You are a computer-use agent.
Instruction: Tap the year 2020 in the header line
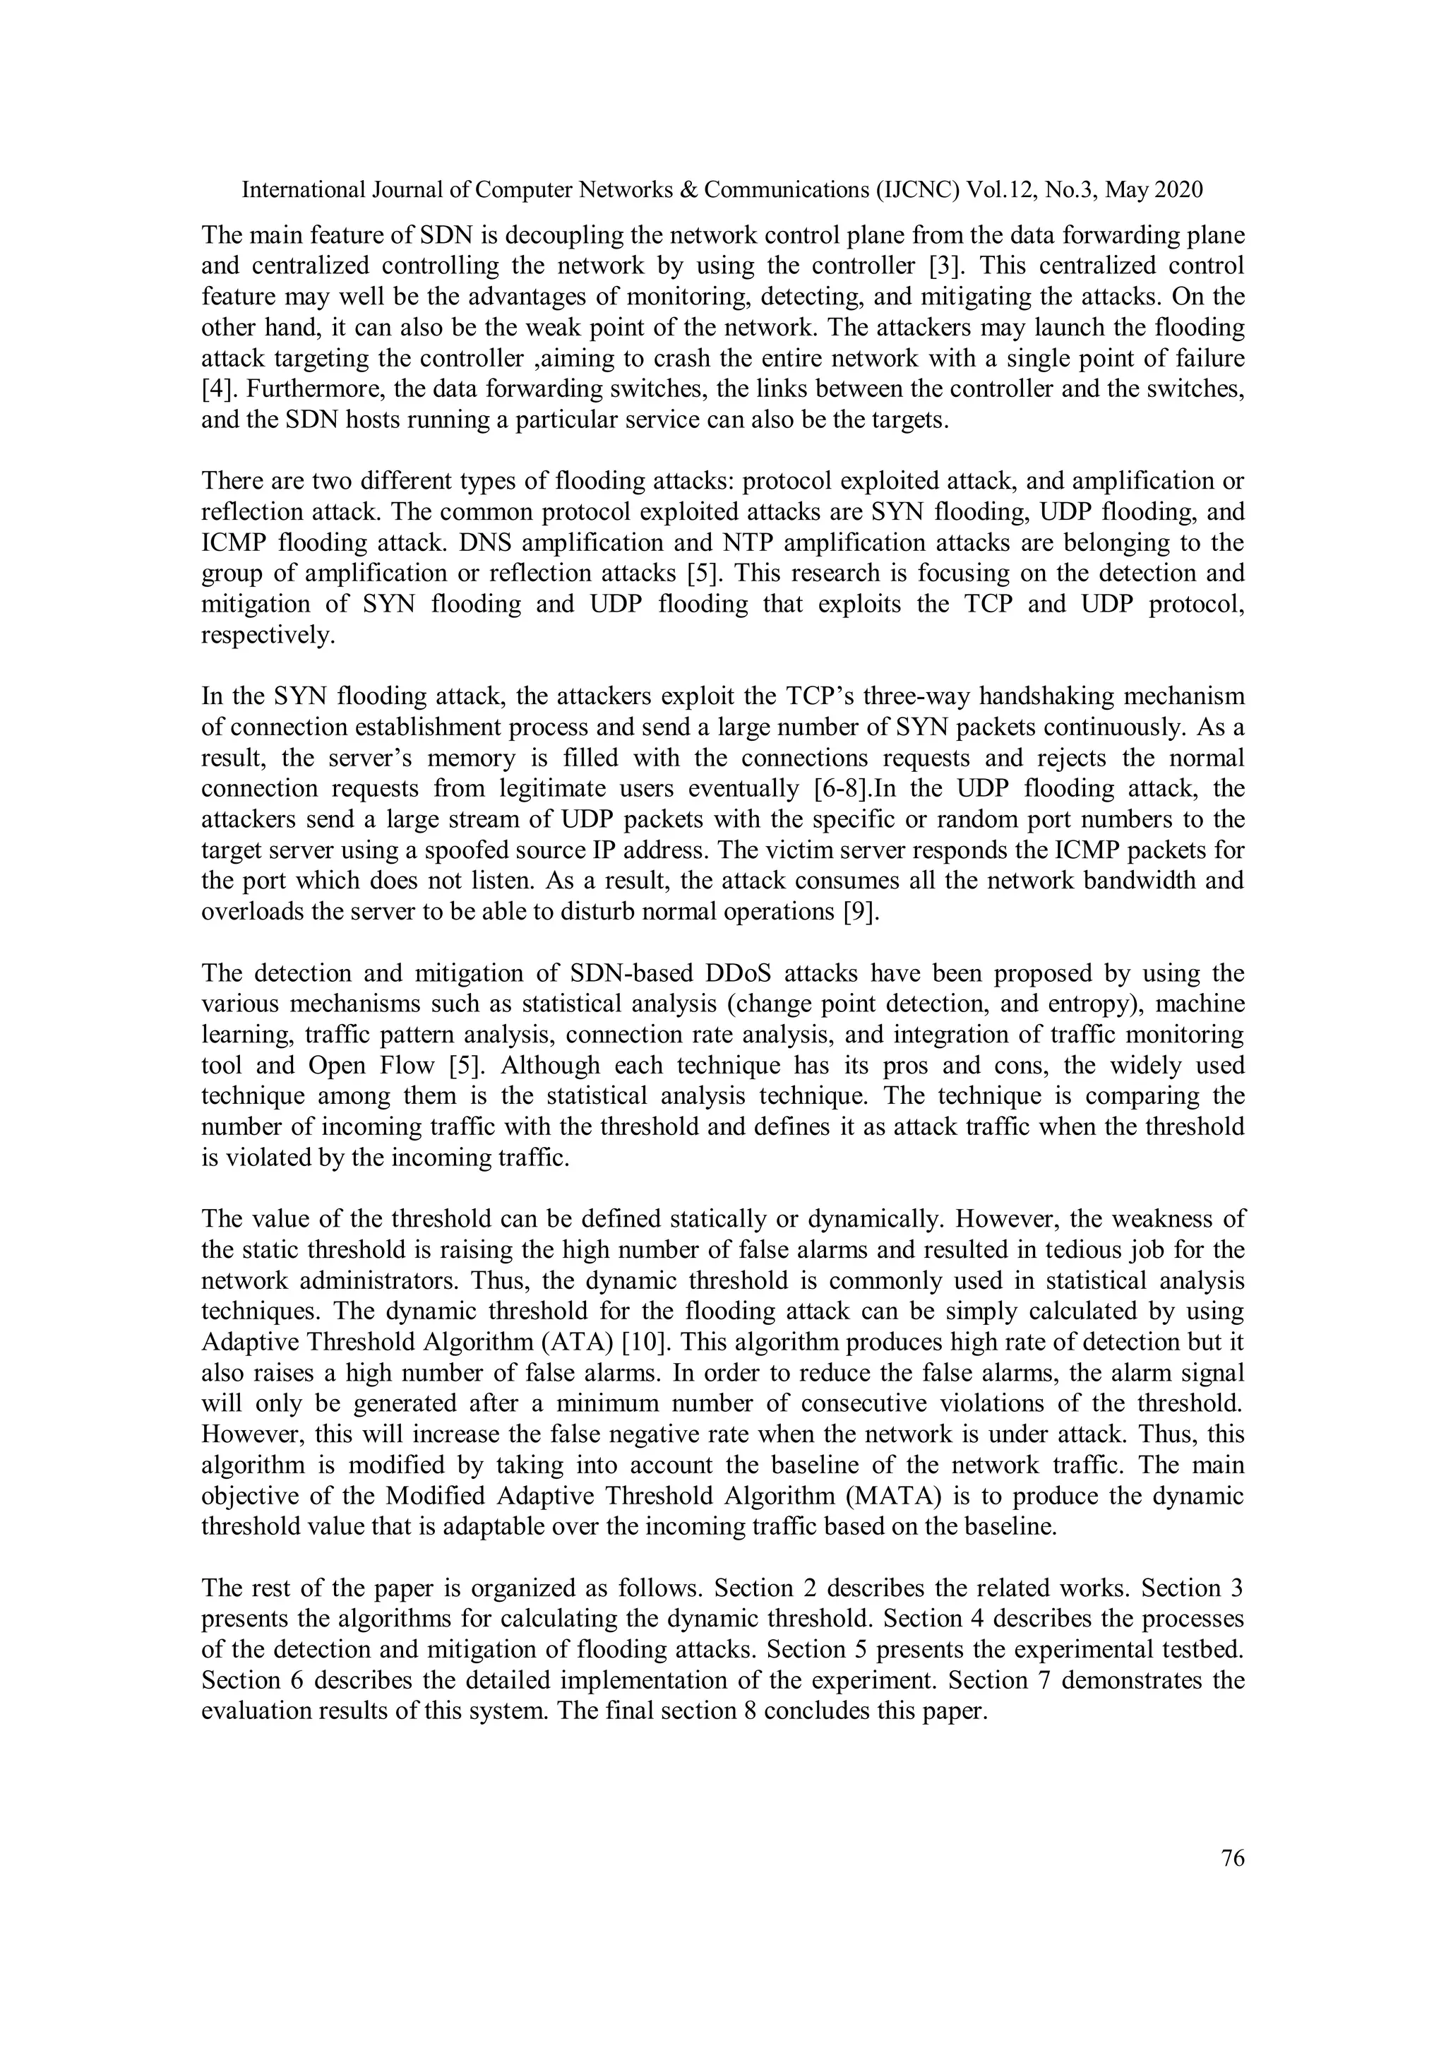(1178, 190)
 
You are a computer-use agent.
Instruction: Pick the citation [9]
(861, 912)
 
